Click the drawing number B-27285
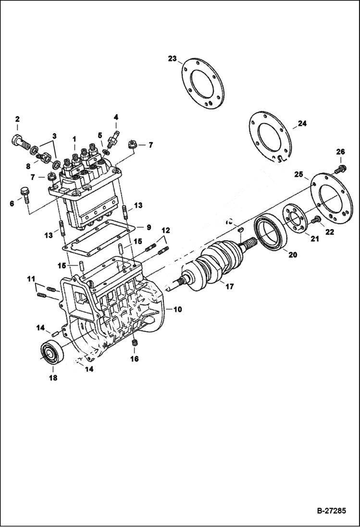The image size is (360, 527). point(331,511)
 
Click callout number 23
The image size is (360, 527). point(172,59)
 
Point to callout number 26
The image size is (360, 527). point(340,152)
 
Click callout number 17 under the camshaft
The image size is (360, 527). point(229,287)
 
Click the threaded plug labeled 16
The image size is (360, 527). point(135,343)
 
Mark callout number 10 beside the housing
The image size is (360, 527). point(177,310)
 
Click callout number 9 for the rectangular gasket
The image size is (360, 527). point(149,227)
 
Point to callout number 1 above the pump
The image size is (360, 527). point(74,139)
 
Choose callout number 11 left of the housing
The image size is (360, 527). point(31,279)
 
